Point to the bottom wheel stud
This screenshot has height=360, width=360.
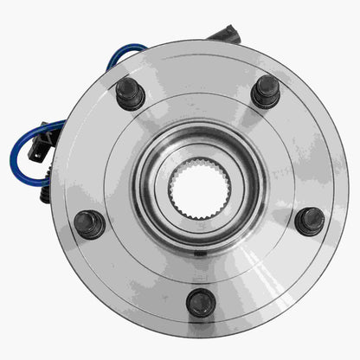pos(201,302)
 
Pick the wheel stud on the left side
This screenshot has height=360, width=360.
pos(89,224)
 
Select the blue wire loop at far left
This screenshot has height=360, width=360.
pos(22,156)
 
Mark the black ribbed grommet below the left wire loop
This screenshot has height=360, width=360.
pos(45,194)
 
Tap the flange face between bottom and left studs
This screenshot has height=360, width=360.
pos(134,273)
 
